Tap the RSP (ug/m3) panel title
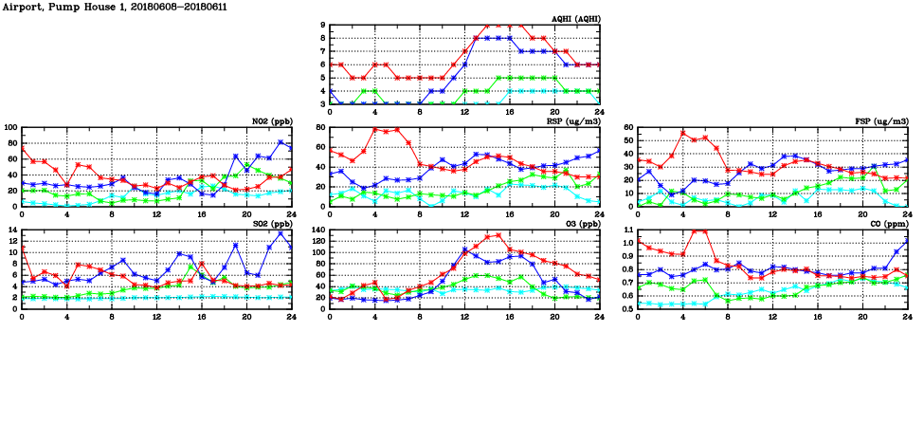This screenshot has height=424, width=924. pos(571,121)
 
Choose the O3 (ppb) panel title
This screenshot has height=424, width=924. pos(578,224)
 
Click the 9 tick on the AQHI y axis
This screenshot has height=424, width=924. pos(322,26)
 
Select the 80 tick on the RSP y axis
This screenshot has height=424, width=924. pos(319,127)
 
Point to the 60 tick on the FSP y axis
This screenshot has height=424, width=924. pos(627,127)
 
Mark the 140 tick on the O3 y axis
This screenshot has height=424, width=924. pos(317,230)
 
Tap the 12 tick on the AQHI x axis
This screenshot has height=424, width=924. pos(465,113)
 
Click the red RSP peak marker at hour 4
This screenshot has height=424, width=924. pos(375,129)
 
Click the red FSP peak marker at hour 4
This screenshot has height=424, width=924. pos(683,133)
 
